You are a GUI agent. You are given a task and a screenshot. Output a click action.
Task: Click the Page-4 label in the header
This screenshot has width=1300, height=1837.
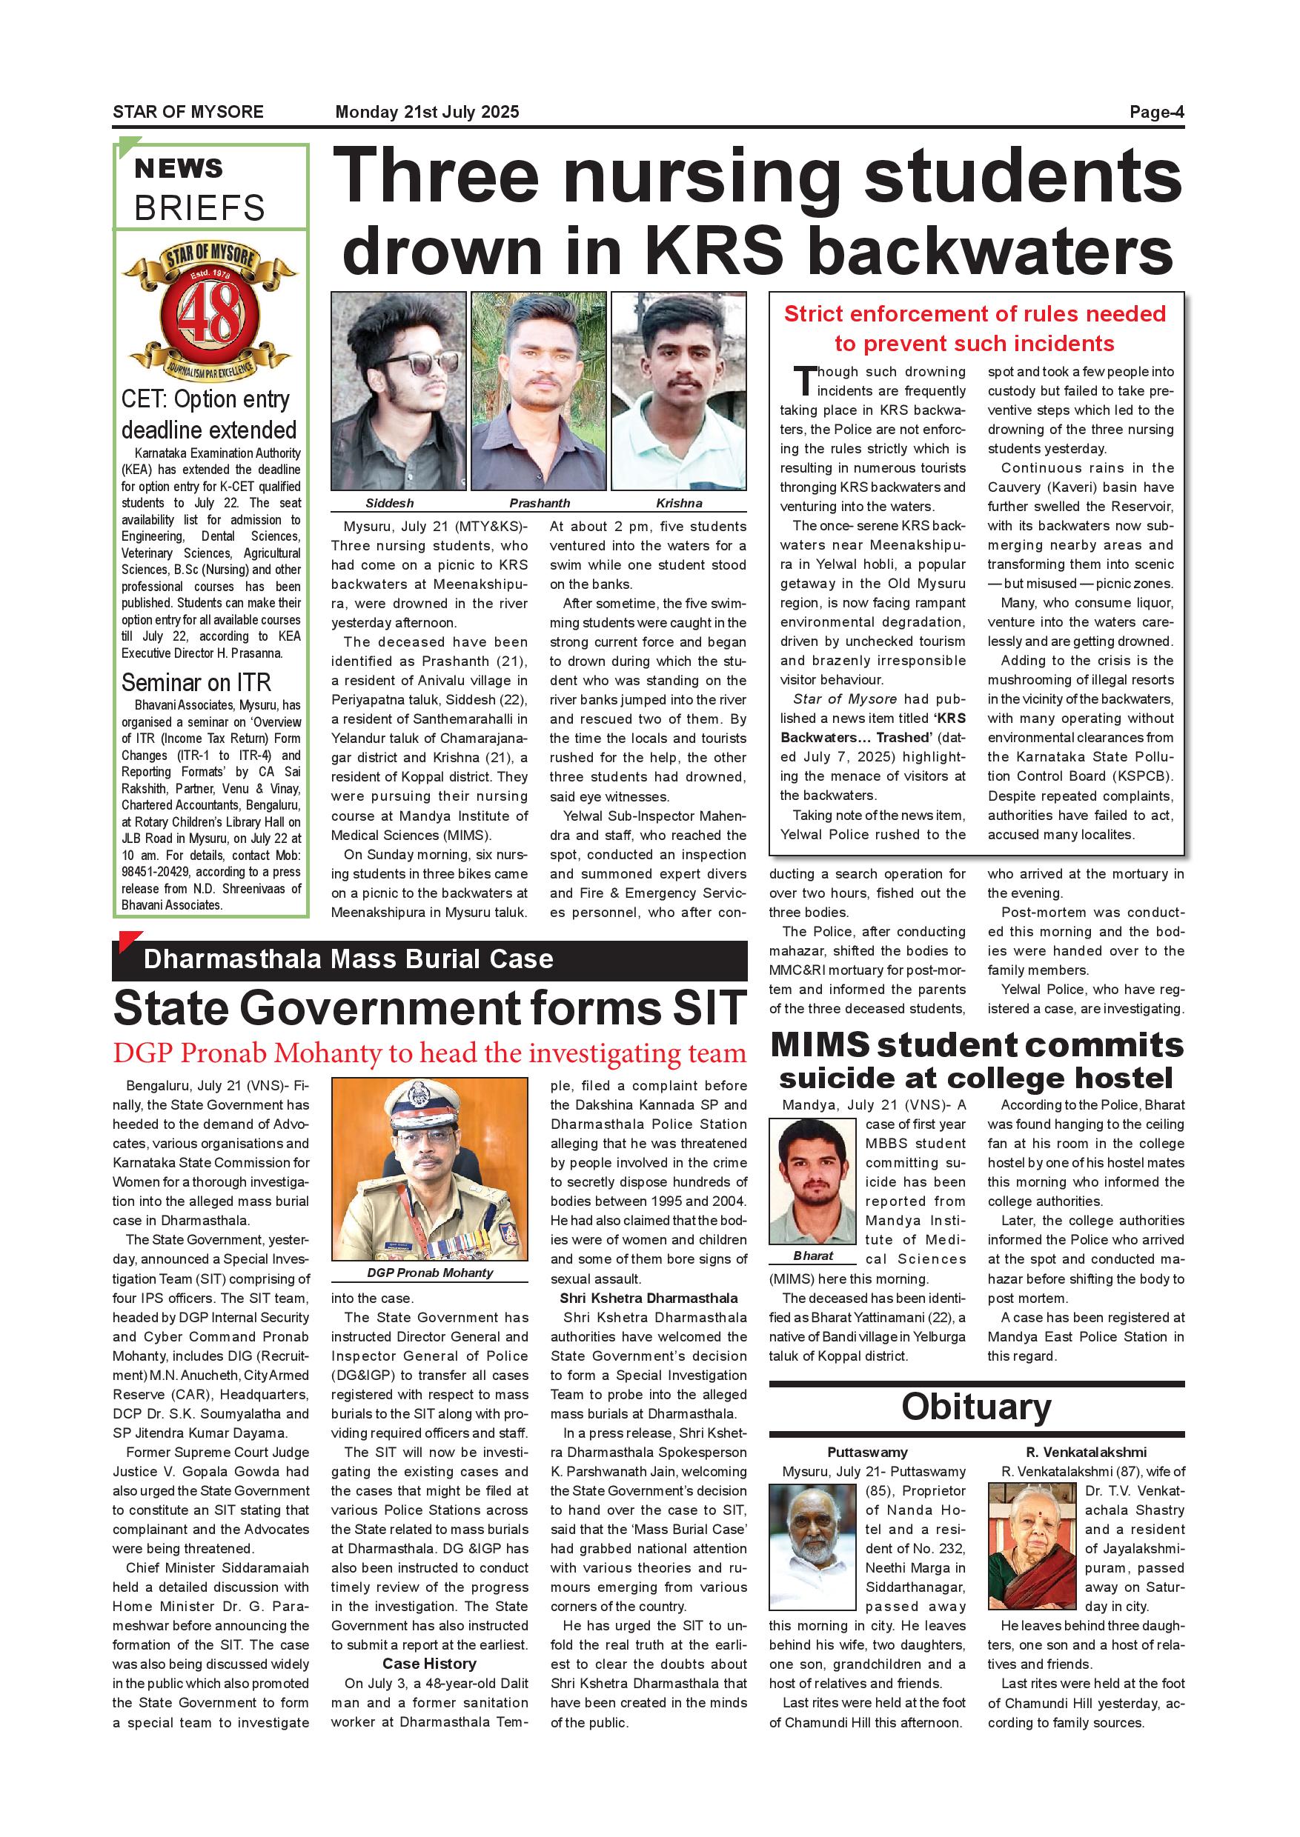point(1156,112)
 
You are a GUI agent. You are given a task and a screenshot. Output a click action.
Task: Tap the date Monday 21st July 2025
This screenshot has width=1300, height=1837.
point(427,112)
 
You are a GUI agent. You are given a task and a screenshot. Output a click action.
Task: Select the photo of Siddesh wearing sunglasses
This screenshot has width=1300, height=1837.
point(399,390)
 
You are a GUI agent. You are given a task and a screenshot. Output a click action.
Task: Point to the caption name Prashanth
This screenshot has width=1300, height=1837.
point(540,503)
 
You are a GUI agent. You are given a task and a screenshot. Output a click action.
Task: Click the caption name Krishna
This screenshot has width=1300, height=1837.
point(679,503)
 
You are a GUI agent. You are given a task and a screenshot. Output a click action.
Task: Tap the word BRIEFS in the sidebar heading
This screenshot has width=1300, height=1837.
point(199,208)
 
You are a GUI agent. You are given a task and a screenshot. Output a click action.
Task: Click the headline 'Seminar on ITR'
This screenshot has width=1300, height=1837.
point(196,682)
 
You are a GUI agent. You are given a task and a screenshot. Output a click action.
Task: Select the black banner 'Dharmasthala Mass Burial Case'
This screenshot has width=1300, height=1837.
point(429,959)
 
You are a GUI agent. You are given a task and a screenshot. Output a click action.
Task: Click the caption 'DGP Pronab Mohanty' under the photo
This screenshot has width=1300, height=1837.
point(430,1273)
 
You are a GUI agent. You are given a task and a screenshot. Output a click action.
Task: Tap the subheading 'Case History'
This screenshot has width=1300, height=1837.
point(429,1664)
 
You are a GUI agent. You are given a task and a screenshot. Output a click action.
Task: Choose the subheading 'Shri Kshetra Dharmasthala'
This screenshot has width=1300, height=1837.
point(649,1298)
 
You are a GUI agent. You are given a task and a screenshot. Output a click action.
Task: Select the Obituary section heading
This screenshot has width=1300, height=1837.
point(976,1407)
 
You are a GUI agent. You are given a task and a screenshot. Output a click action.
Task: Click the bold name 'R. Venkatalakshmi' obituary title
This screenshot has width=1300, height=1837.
point(1086,1452)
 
